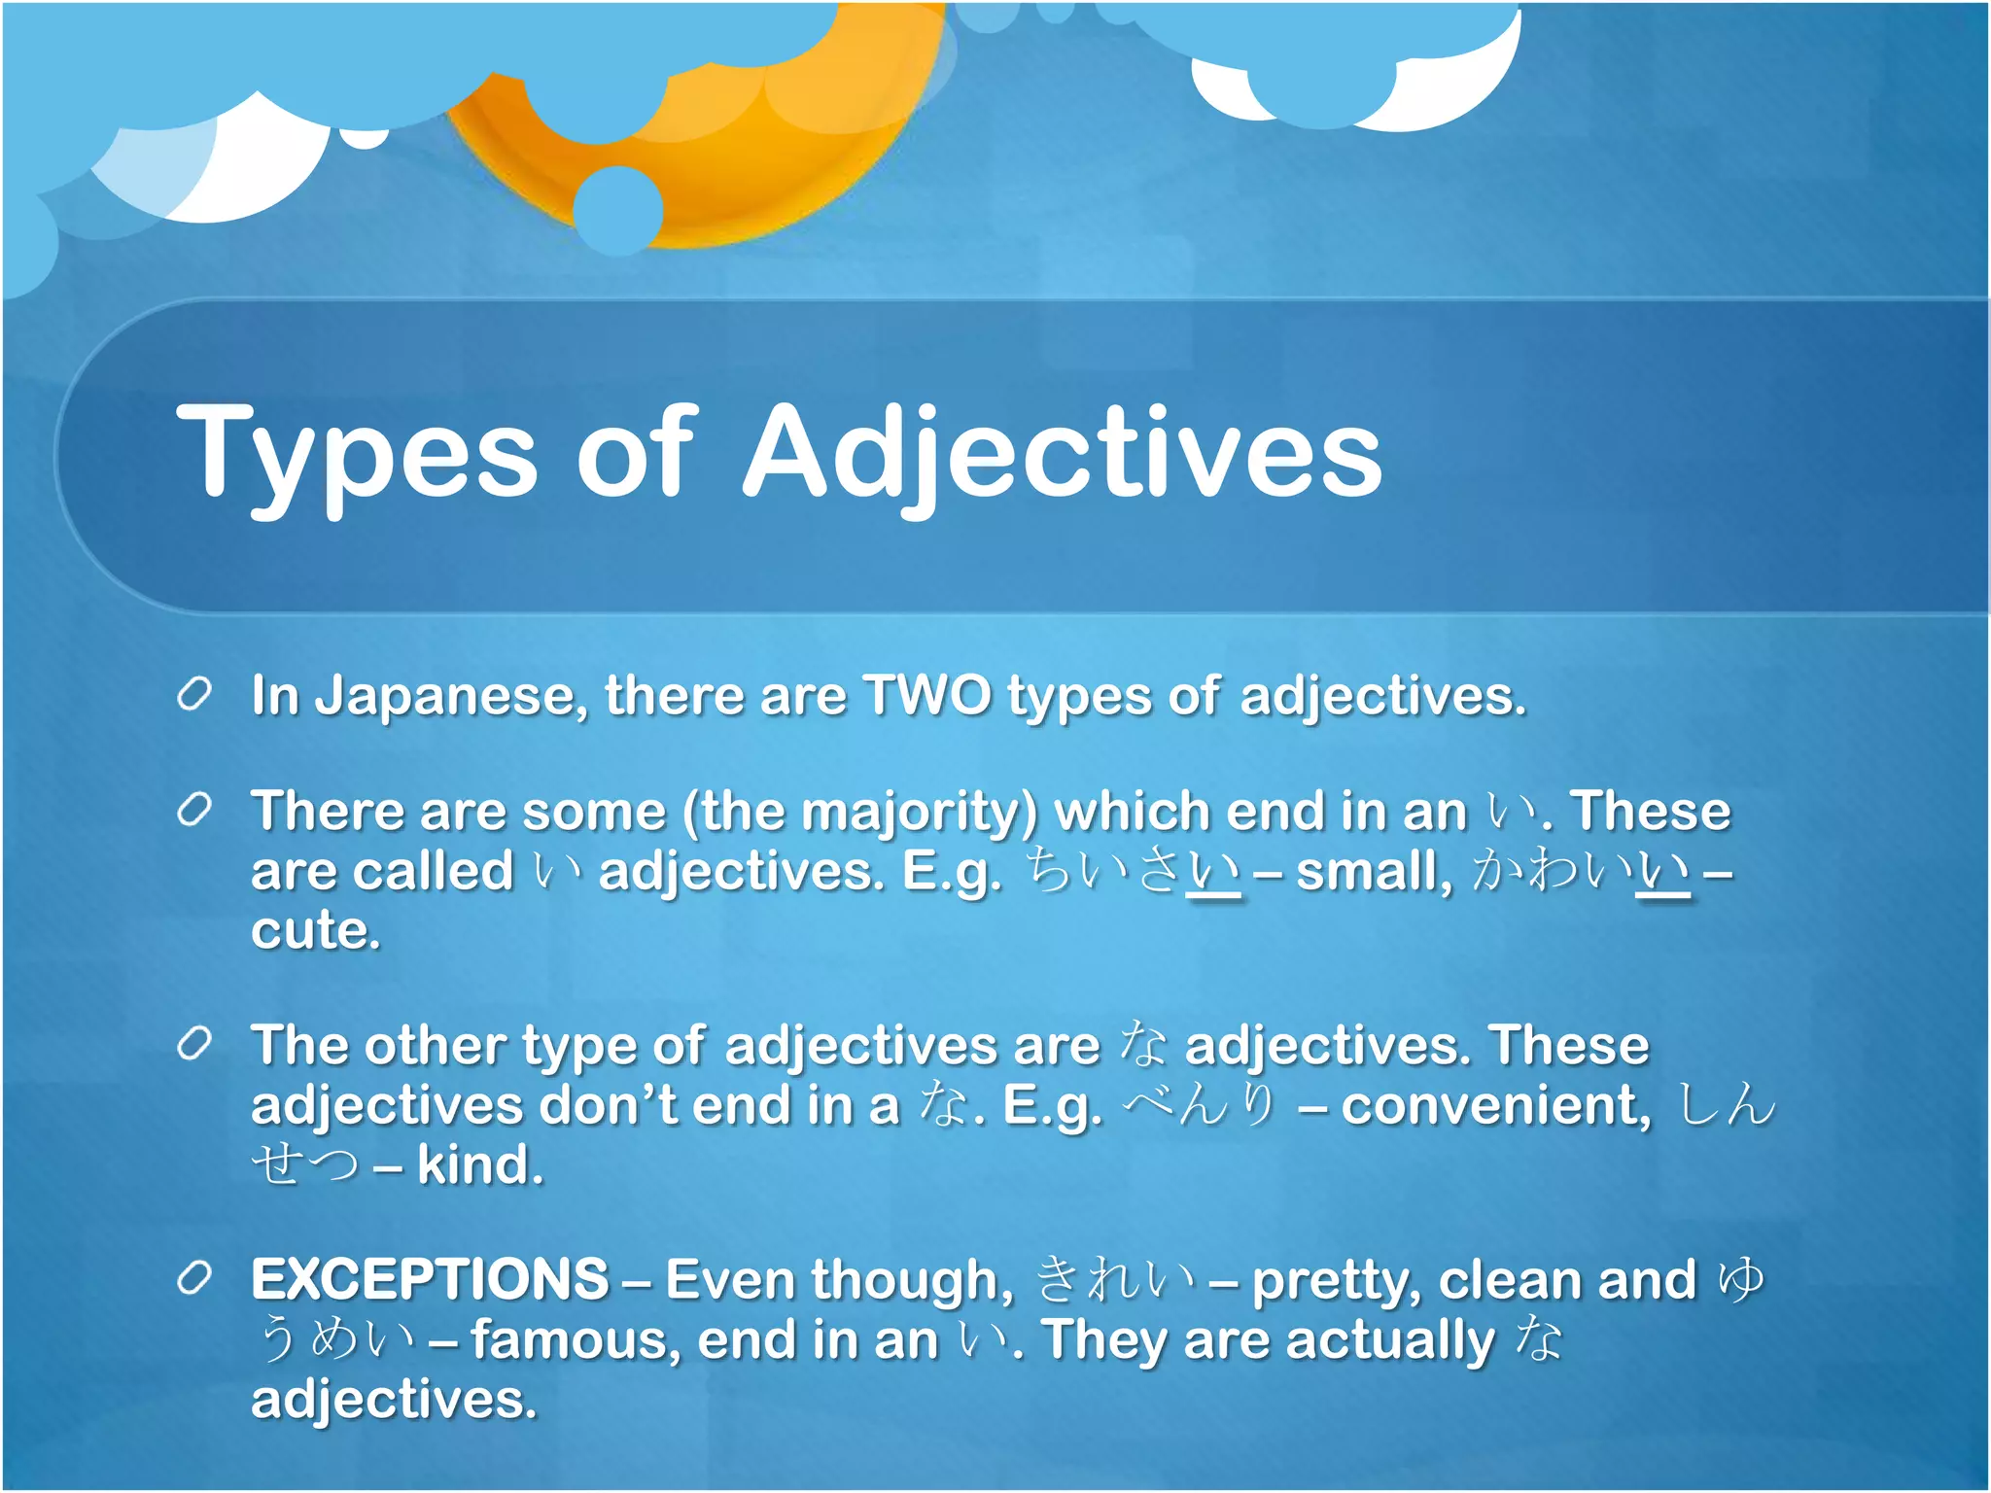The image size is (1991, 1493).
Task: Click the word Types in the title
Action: click(356, 453)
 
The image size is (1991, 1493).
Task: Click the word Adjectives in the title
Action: click(1062, 453)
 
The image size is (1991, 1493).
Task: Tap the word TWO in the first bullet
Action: click(927, 696)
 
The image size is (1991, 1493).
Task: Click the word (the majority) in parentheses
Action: click(860, 813)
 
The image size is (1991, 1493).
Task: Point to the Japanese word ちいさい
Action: click(1134, 871)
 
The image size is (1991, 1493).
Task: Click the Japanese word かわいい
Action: click(1581, 871)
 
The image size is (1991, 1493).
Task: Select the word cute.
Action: click(315, 931)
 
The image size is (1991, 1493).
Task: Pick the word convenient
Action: click(1495, 1106)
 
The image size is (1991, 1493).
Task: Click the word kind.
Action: click(479, 1165)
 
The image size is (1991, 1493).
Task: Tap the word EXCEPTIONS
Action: click(430, 1280)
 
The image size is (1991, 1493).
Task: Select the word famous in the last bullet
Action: click(576, 1340)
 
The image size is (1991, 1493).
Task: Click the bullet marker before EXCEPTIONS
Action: click(194, 1279)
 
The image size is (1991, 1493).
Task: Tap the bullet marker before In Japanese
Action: click(194, 695)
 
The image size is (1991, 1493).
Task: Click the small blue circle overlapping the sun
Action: click(618, 210)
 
